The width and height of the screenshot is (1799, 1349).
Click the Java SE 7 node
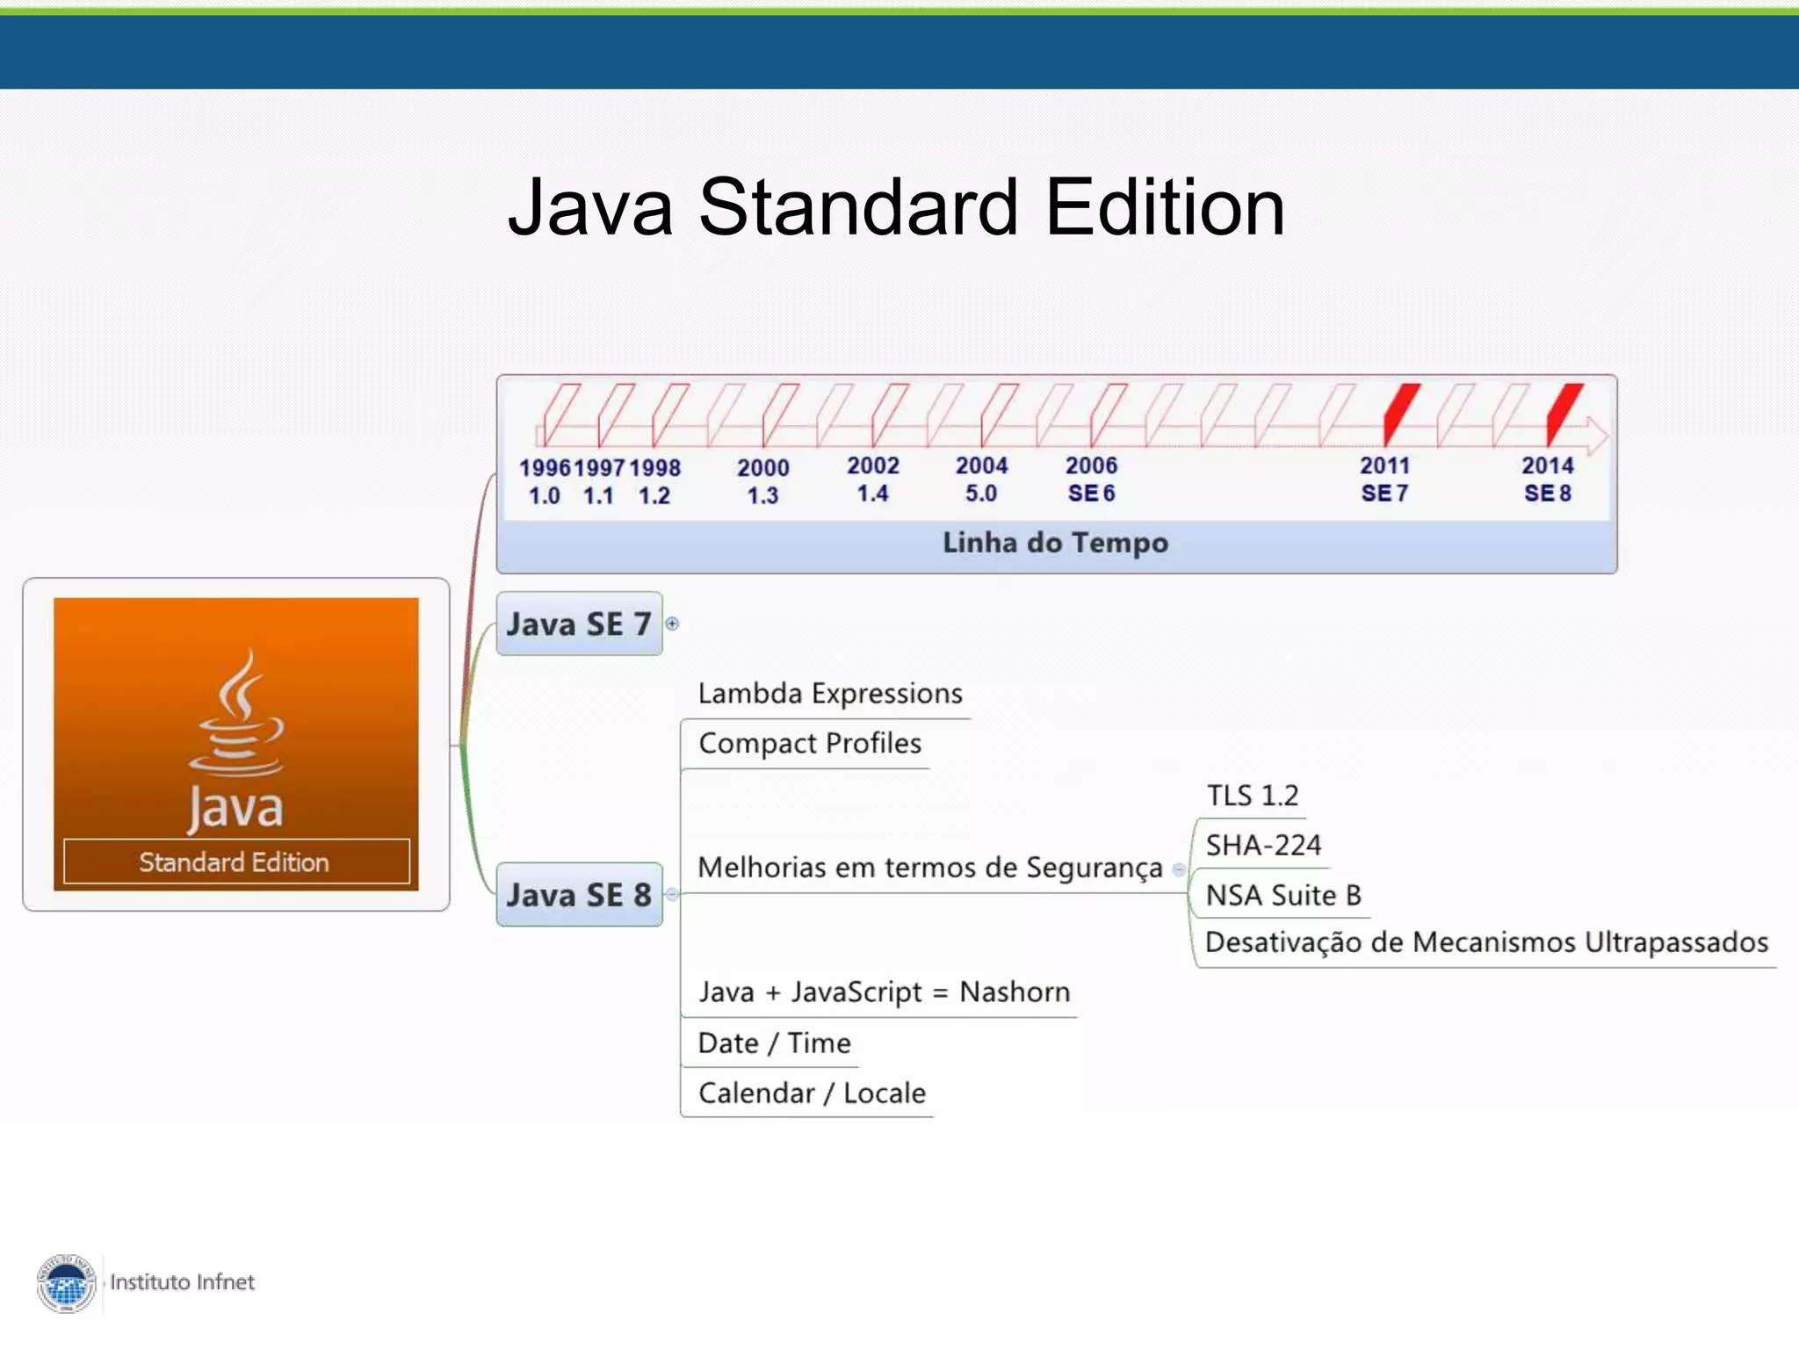[579, 624]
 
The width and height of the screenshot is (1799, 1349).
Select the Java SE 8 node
[579, 894]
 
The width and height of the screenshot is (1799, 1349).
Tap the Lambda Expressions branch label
[830, 694]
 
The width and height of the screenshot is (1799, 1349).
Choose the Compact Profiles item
[810, 744]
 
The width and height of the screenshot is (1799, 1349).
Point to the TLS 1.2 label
[1252, 796]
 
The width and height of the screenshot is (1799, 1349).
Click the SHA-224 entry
[1263, 846]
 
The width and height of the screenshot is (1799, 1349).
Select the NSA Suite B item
[1283, 895]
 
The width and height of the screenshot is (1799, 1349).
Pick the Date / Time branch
[774, 1043]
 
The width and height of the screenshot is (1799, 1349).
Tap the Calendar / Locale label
[812, 1093]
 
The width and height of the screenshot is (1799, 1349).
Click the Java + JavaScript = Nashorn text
[884, 992]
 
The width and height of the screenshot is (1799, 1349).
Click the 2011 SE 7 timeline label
[1384, 480]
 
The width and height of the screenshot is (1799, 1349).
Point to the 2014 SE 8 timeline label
[1548, 480]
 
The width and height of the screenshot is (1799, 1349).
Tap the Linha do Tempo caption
[1055, 543]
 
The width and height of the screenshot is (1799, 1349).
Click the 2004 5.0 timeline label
[981, 480]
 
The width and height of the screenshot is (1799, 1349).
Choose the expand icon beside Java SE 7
[672, 624]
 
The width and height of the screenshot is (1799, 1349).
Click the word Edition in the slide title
[1165, 208]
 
